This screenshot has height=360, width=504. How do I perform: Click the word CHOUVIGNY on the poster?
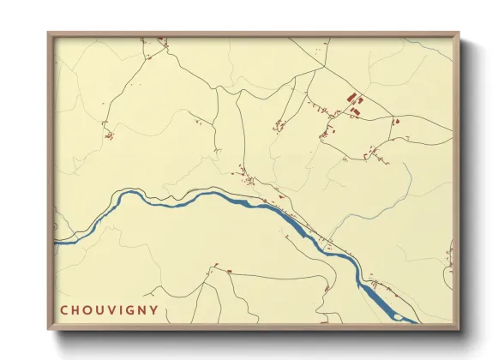point(109,309)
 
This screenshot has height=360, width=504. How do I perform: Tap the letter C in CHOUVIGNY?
point(64,309)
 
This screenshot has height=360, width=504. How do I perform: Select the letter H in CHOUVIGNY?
point(76,309)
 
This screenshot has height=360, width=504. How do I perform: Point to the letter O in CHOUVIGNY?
point(88,309)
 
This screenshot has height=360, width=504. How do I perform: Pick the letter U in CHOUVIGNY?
point(100,309)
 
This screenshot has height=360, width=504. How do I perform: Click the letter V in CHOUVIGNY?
point(111,309)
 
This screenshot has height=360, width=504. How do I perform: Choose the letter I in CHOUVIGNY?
point(121,309)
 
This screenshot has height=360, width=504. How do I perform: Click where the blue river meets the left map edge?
point(56,243)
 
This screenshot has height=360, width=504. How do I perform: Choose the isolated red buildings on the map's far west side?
point(108,135)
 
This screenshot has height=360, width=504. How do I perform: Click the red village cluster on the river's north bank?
point(249,179)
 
